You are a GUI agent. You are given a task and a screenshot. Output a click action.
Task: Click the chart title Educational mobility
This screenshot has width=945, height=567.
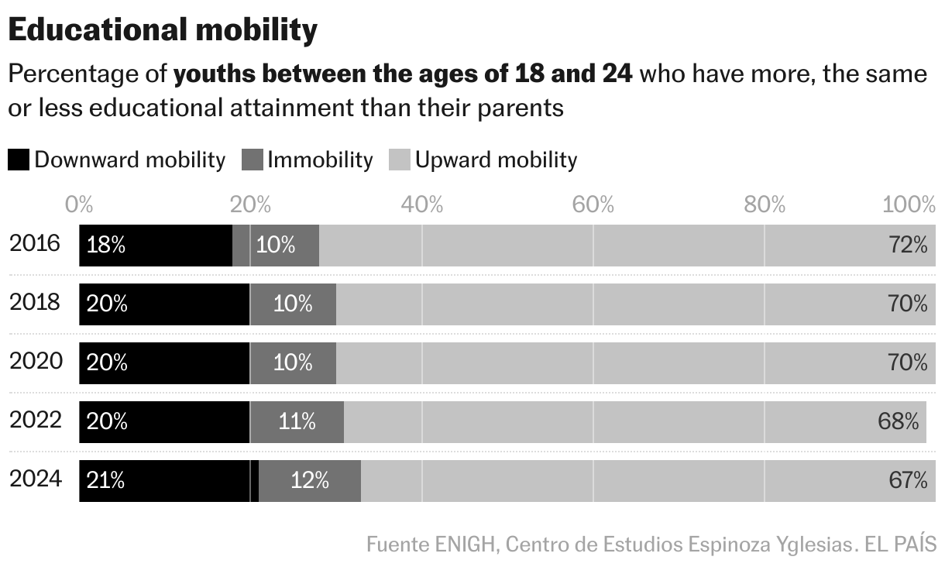(163, 30)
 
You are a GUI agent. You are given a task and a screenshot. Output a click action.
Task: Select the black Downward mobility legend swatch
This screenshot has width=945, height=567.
(19, 160)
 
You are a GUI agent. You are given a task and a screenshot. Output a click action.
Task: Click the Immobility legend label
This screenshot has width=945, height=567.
(320, 160)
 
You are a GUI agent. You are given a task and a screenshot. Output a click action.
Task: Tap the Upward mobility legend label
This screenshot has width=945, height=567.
(496, 160)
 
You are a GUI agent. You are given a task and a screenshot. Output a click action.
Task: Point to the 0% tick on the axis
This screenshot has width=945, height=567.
(80, 204)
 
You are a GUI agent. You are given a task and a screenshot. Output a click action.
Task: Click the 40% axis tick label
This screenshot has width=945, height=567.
(422, 204)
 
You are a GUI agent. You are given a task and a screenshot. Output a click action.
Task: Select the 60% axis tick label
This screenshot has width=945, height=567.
(593, 204)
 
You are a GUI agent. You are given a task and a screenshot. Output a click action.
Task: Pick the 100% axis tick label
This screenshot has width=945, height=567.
(909, 204)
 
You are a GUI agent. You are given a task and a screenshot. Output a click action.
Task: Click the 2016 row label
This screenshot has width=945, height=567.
(35, 244)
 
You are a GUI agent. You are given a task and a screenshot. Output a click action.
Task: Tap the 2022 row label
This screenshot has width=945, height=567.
(35, 421)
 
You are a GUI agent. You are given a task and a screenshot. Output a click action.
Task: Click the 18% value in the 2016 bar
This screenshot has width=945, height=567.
(106, 246)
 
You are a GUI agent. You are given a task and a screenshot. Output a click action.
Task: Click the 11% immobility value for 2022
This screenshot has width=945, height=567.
(297, 422)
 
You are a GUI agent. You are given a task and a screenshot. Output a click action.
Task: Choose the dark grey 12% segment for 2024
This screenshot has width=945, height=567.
(310, 481)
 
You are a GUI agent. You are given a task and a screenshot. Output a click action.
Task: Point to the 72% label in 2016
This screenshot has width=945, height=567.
(908, 246)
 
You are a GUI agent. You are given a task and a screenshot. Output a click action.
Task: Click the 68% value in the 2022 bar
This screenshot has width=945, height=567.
(899, 422)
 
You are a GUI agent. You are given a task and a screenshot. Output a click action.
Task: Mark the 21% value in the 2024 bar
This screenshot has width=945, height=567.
(106, 481)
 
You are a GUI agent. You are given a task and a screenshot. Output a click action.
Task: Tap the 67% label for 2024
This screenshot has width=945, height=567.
(908, 481)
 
